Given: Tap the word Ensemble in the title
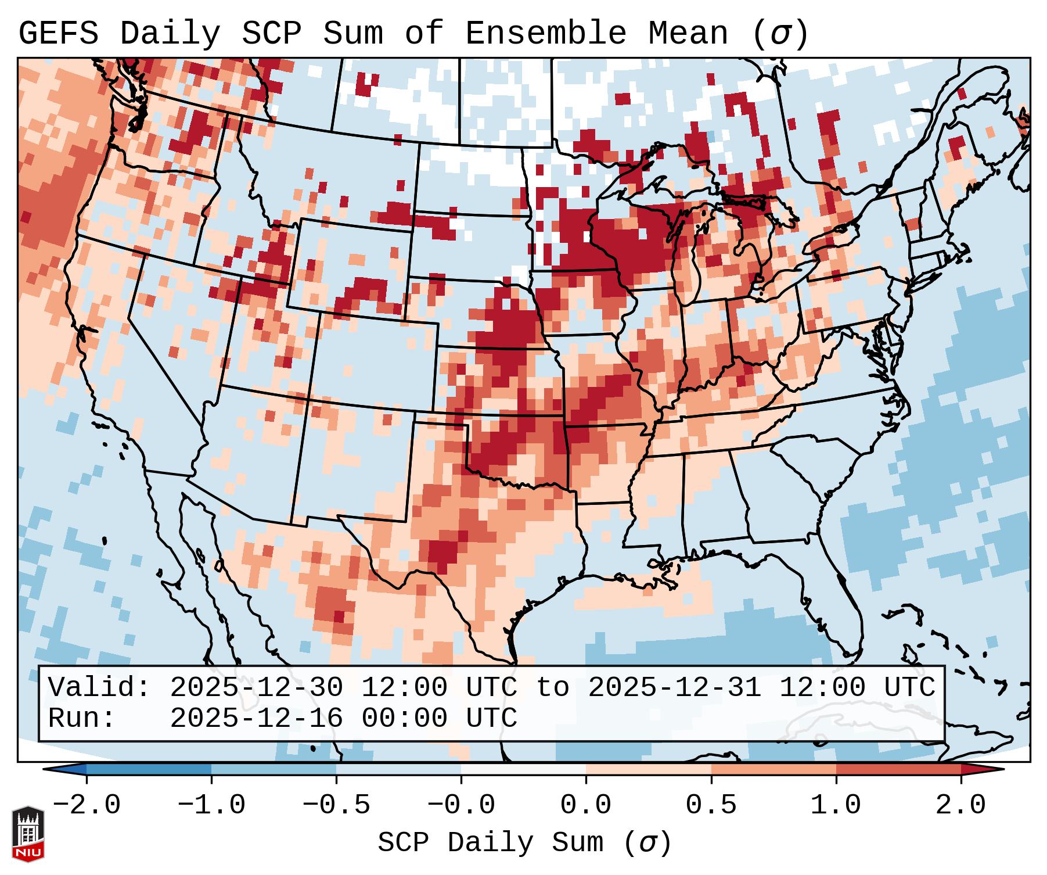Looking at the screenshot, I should click(545, 34).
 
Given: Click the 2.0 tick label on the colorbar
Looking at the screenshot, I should click(960, 805).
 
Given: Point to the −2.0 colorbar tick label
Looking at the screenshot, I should click(87, 805).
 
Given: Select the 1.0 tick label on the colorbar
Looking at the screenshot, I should click(836, 805).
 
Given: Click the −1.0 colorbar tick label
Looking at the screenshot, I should click(211, 805).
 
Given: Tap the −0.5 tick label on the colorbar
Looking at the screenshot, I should click(336, 805).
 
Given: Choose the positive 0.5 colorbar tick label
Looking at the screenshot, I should click(711, 805).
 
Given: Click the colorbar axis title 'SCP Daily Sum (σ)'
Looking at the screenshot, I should click(524, 843).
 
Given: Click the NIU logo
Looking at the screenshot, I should click(28, 833).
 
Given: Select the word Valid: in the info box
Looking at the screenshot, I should click(99, 688).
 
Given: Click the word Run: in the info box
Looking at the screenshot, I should click(82, 719).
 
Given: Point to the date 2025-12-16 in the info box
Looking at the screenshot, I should click(257, 719).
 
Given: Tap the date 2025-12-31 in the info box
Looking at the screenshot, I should click(675, 688).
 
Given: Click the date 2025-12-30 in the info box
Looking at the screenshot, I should click(257, 688).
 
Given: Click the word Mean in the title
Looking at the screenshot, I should click(688, 34).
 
